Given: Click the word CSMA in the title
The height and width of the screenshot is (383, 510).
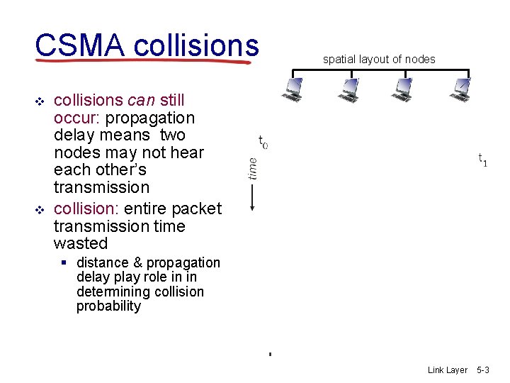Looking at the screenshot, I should [x=79, y=46].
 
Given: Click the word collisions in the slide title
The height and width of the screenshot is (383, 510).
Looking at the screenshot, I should [x=195, y=46].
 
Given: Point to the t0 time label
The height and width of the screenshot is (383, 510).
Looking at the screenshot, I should [x=263, y=143].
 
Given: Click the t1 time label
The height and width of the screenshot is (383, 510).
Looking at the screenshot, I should [x=482, y=160].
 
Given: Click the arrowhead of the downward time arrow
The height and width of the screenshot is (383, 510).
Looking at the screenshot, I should [x=252, y=207].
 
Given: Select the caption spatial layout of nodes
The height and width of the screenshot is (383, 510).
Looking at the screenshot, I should [x=379, y=60].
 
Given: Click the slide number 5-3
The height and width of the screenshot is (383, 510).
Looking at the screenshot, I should [x=483, y=370].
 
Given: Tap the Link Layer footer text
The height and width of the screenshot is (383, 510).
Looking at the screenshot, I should [x=448, y=370].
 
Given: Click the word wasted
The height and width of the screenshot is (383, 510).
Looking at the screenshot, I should [x=81, y=244].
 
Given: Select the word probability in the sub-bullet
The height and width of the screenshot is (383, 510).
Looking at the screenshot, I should [x=108, y=306].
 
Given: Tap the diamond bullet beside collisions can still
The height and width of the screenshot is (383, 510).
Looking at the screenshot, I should [x=40, y=102].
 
